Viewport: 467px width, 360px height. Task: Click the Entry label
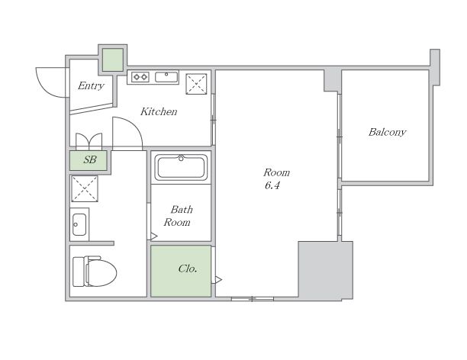(x=91, y=86)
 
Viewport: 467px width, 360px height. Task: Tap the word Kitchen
(x=159, y=111)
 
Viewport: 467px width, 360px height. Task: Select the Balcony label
(x=387, y=132)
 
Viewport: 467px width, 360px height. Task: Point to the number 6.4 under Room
(x=272, y=186)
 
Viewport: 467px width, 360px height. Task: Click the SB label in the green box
(x=90, y=160)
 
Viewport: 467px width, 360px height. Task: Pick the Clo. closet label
(x=188, y=269)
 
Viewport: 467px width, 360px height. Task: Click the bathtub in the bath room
(x=181, y=167)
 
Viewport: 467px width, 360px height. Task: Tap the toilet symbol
(x=95, y=272)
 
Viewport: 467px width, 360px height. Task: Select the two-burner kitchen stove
(x=140, y=77)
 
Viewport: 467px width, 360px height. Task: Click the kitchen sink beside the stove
(x=166, y=77)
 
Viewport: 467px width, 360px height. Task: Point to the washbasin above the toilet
(x=79, y=224)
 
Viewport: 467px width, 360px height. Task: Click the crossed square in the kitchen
(x=196, y=84)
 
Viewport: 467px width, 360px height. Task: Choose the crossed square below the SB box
(x=85, y=188)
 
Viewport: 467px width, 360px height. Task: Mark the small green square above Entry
(x=113, y=59)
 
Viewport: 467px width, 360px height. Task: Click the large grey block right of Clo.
(x=326, y=270)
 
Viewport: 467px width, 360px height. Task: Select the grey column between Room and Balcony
(x=333, y=80)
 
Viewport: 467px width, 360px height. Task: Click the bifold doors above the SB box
(x=89, y=141)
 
